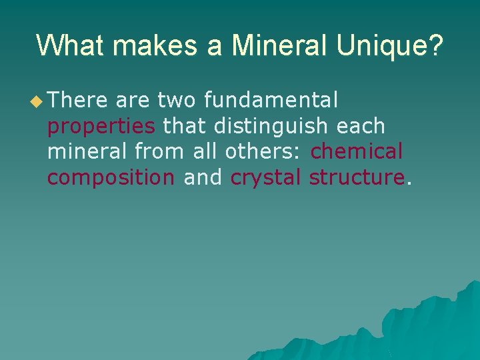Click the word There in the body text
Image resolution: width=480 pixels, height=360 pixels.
(x=77, y=101)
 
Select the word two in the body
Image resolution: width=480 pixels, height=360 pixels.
(x=177, y=101)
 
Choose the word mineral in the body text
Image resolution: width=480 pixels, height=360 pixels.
(x=87, y=152)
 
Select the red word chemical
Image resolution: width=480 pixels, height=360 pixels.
(x=357, y=152)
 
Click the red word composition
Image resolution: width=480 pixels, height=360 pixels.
(x=111, y=178)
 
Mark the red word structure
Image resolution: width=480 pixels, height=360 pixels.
(x=357, y=178)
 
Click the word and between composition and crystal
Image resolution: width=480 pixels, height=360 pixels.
(x=203, y=178)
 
